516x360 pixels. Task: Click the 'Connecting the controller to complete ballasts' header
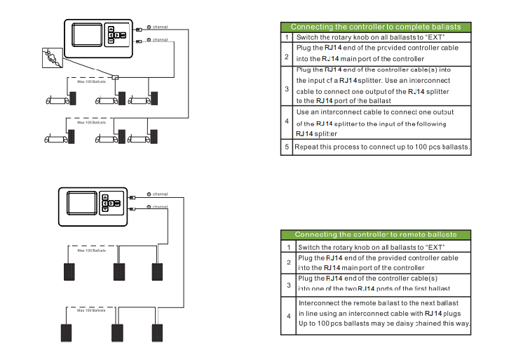[376, 27]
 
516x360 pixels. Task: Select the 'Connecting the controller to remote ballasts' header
[375, 234]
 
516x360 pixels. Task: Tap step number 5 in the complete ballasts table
[286, 147]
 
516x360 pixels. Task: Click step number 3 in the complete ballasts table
[286, 89]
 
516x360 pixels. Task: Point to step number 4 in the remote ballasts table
[288, 316]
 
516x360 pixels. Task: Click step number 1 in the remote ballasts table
[288, 247]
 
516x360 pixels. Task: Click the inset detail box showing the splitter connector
[50, 57]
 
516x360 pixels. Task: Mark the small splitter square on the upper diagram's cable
[116, 77]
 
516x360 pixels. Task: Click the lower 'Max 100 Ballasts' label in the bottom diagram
[91, 310]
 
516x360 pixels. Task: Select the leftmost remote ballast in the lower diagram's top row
[69, 271]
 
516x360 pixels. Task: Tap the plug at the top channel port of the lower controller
[131, 196]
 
